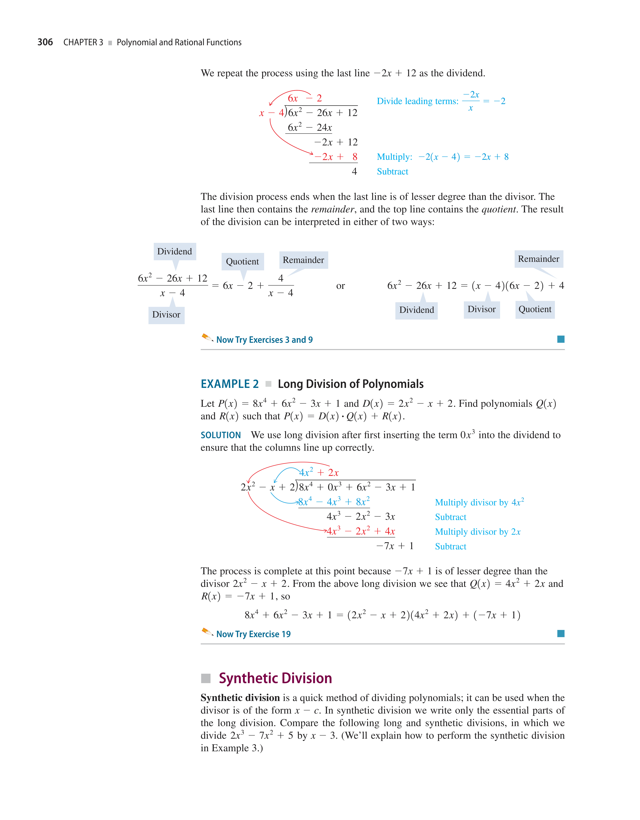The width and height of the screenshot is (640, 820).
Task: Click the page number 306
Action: pyautogui.click(x=45, y=42)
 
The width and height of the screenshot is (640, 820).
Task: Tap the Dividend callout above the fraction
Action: pyautogui.click(x=174, y=251)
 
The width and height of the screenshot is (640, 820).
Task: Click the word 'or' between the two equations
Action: pyautogui.click(x=340, y=286)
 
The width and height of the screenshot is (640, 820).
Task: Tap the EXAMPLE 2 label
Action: pyautogui.click(x=230, y=384)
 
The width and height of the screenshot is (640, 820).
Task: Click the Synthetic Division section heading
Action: pyautogui.click(x=275, y=678)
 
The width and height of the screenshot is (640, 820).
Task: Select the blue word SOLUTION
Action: pyautogui.click(x=221, y=435)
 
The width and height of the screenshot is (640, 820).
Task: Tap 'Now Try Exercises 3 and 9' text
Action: pyautogui.click(x=264, y=340)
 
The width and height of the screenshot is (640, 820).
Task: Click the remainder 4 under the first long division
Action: pyautogui.click(x=354, y=172)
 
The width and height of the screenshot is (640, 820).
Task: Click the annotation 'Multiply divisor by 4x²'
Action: pyautogui.click(x=479, y=502)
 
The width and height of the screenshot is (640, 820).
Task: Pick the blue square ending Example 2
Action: pyautogui.click(x=561, y=634)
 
